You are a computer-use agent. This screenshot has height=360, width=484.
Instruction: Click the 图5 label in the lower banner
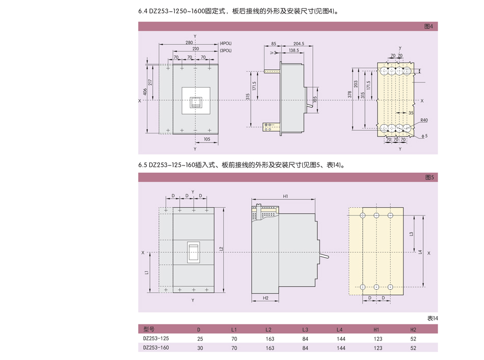[x=429, y=177]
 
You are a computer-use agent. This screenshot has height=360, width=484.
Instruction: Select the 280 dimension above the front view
[x=189, y=43]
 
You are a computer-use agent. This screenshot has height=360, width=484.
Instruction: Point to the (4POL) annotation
[x=226, y=44]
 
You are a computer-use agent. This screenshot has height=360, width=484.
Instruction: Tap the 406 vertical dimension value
[x=145, y=92]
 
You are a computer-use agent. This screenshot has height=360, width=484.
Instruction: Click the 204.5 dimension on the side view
[x=299, y=44]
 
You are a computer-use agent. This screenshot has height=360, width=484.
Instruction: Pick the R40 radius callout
[x=424, y=121]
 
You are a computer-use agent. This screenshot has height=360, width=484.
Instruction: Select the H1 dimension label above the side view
[x=285, y=196]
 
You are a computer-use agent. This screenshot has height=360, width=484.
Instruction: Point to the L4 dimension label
[x=420, y=252]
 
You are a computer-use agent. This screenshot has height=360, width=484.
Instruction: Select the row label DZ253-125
[x=156, y=338]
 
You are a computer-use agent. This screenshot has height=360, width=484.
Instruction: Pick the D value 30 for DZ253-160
[x=199, y=348]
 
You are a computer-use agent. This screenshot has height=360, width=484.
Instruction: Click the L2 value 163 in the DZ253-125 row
[x=270, y=339]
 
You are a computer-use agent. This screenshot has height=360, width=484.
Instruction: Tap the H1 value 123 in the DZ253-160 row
[x=378, y=348]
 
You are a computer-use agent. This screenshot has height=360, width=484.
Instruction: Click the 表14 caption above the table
[x=432, y=319]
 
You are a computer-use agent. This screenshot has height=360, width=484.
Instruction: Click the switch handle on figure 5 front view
[x=194, y=253]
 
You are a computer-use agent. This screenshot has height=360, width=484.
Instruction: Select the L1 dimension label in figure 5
[x=146, y=272]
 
